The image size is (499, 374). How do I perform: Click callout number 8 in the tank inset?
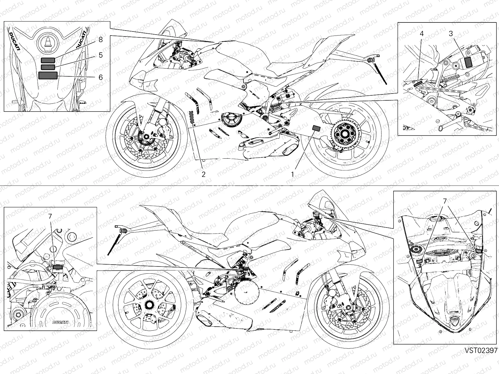100,40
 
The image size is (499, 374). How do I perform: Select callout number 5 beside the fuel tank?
100,55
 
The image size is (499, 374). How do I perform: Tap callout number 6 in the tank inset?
100,77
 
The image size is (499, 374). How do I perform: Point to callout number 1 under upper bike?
293,174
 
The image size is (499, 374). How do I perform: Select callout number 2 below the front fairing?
203,174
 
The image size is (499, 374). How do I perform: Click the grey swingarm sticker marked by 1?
317,127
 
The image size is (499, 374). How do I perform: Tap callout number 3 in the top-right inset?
451,34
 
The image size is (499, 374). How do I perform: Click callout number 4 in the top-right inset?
421,34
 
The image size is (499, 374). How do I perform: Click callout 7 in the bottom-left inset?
51,216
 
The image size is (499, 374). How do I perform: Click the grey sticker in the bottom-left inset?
57,267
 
